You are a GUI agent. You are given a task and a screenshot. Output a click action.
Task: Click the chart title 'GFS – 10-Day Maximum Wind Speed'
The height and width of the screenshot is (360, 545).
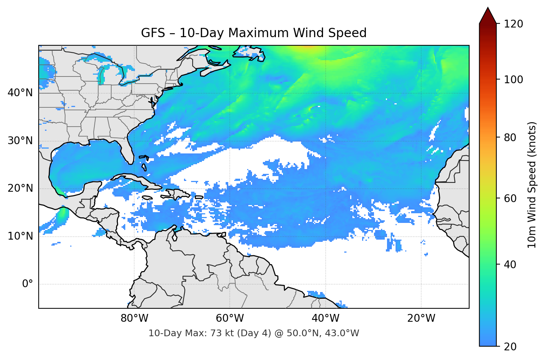254,33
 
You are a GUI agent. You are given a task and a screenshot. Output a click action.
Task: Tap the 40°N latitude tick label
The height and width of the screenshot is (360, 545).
20,93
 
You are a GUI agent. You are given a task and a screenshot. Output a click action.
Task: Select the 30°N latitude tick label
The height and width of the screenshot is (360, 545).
20,141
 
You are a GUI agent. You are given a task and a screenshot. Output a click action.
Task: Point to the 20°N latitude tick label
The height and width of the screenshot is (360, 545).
20,188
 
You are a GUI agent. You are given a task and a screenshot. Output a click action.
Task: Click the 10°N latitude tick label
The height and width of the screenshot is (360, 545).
20,236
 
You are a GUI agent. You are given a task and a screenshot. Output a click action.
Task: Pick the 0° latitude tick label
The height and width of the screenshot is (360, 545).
28,284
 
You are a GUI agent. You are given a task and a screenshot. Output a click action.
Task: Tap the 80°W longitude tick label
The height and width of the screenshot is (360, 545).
134,318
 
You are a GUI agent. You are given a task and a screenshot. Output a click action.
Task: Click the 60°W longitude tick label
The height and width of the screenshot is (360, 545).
230,318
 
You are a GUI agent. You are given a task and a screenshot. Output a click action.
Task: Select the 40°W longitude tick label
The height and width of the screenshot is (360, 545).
325,318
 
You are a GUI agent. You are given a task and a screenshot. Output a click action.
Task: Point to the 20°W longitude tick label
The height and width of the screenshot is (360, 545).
421,318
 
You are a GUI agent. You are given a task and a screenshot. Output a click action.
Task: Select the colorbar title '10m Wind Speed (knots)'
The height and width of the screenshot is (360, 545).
532,185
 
